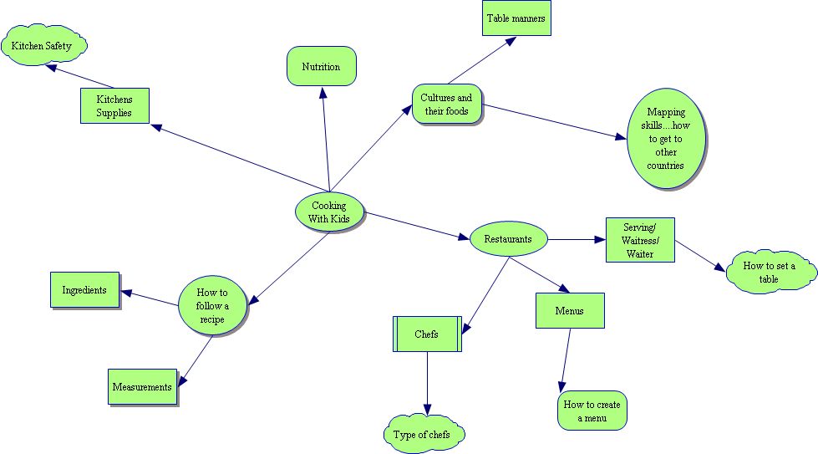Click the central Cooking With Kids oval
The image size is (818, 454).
pos(330,212)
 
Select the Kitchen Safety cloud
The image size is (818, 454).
pos(47,46)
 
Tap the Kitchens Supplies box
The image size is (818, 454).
pos(114,105)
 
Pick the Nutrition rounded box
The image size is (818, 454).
pos(321,66)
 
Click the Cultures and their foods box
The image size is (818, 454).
pos(446,104)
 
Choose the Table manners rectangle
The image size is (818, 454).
pos(516,18)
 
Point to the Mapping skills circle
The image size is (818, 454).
pos(665,138)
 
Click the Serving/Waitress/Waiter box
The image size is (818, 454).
pos(639,240)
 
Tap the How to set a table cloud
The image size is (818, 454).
pos(768,272)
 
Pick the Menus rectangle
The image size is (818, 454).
pos(569,311)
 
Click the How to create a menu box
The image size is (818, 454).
pos(592,411)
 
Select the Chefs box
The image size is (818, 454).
pos(426,334)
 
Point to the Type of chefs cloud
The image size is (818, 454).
pos(426,434)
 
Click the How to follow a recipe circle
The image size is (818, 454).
pos(214,305)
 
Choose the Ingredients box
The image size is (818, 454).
pos(84,290)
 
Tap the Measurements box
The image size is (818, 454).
pos(143,387)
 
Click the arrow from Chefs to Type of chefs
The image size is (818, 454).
pos(427,382)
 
